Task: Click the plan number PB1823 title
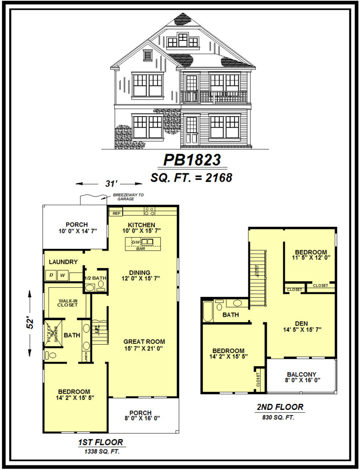pos(192,160)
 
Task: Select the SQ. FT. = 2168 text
pos(191,177)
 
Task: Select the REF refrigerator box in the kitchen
pos(115,213)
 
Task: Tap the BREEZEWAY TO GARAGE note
pos(128,197)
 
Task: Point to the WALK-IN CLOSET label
pos(67,303)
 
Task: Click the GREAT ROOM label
pos(144,341)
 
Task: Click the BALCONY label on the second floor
pos(302,374)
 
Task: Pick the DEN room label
pos(301,322)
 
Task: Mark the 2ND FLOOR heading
pos(280,407)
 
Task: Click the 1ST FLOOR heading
pos(100,442)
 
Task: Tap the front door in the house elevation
pos(191,130)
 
